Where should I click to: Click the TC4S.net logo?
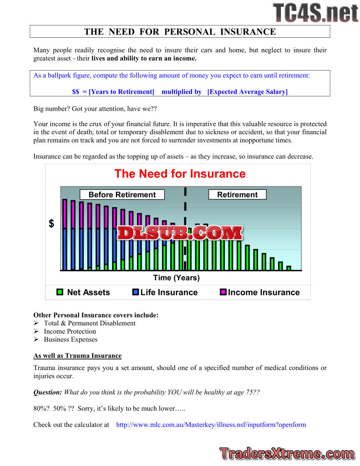(x=315, y=12)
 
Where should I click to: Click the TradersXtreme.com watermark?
(x=287, y=454)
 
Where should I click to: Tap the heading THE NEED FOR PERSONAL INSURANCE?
(x=180, y=31)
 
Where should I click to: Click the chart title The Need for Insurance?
(x=180, y=174)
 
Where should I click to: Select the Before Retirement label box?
(x=122, y=195)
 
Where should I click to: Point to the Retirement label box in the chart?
(x=237, y=195)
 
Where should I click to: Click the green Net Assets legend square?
(x=60, y=292)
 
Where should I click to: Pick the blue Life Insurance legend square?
(x=135, y=292)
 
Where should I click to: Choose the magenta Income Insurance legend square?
(x=223, y=292)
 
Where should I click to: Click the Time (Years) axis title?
(x=176, y=278)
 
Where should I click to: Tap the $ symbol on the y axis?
(x=51, y=224)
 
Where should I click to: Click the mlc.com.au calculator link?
(x=211, y=425)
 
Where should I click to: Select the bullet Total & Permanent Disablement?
(x=90, y=323)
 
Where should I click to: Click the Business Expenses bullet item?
(x=71, y=339)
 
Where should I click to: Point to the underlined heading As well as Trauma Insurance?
(x=77, y=356)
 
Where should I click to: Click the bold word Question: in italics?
(x=48, y=392)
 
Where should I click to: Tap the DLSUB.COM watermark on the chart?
(x=180, y=233)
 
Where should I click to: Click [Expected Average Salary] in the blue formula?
(x=247, y=92)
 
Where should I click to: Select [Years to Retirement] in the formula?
(x=122, y=92)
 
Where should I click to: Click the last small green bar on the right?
(x=289, y=268)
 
